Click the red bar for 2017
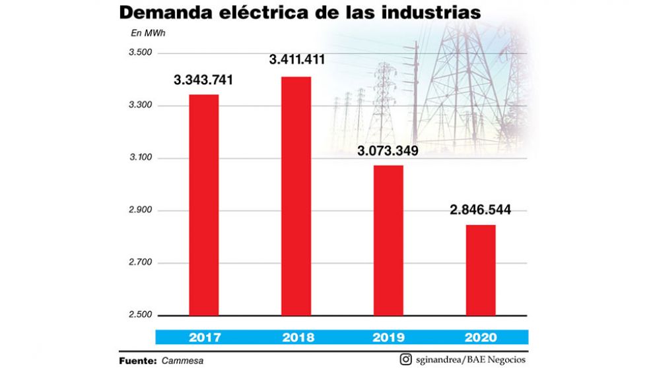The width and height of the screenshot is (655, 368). [x=204, y=204]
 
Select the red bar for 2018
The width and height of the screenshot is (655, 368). [x=296, y=196]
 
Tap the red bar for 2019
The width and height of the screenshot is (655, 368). [x=388, y=240]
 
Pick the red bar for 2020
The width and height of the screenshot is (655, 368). [x=481, y=270]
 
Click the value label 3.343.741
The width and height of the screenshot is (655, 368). [x=204, y=80]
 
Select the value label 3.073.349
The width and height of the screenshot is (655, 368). [x=388, y=151]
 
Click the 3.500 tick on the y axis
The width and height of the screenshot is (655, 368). [x=141, y=53]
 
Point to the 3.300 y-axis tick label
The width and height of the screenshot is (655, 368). [x=141, y=106]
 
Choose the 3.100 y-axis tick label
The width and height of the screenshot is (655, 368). [x=141, y=158]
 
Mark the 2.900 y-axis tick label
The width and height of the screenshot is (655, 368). [x=141, y=211]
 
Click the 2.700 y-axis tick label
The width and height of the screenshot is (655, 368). [x=141, y=263]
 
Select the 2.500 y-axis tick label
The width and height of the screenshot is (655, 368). [x=141, y=315]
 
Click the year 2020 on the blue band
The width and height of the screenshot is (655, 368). [x=481, y=337]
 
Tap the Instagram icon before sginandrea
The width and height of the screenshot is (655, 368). [x=405, y=359]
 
